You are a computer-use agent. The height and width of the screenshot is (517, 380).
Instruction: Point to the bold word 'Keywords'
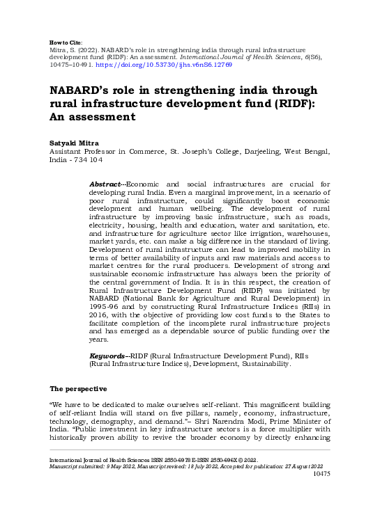click(x=108, y=356)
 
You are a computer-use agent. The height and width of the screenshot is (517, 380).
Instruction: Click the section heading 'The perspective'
click(x=78, y=388)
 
